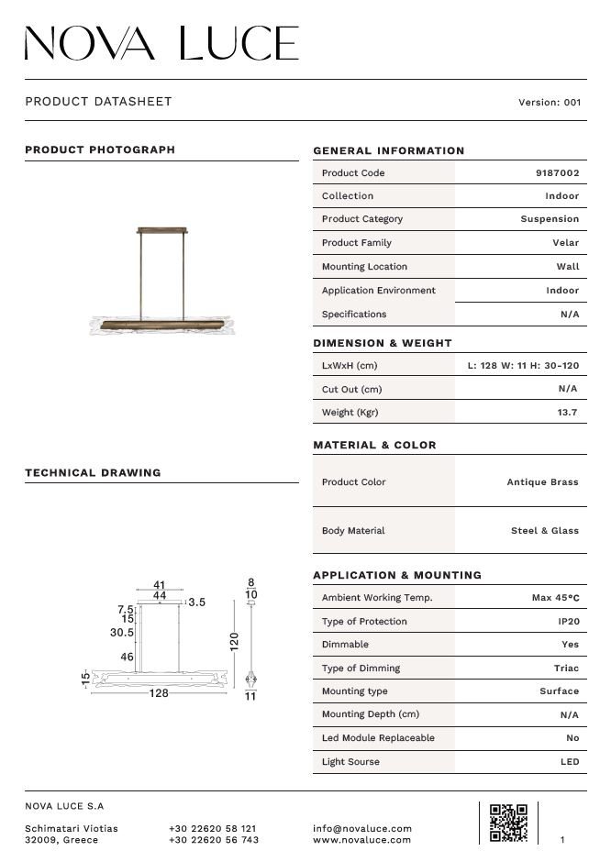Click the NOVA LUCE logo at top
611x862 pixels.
[x=161, y=43]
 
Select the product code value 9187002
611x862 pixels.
[x=557, y=173]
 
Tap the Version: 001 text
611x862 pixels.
[x=550, y=103]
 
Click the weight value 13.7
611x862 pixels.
[x=567, y=413]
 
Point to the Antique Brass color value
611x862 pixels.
[x=542, y=482]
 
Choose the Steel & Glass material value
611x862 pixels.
[x=544, y=531]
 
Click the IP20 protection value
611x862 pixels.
[x=568, y=622]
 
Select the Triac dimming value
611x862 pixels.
[x=566, y=669]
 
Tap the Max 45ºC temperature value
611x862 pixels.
[x=555, y=598]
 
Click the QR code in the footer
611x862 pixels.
[x=508, y=823]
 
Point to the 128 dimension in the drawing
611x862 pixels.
[x=159, y=693]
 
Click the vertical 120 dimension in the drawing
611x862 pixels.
[x=234, y=642]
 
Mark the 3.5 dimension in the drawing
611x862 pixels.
[x=196, y=602]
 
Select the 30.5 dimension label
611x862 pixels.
[x=122, y=633]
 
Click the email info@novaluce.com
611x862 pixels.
[x=362, y=828]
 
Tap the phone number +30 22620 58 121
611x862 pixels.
[x=213, y=828]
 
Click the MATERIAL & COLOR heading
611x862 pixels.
[x=374, y=446]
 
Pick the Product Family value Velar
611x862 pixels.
[x=565, y=243]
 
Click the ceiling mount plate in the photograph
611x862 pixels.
[x=165, y=229]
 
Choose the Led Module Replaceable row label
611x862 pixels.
[x=378, y=738]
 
